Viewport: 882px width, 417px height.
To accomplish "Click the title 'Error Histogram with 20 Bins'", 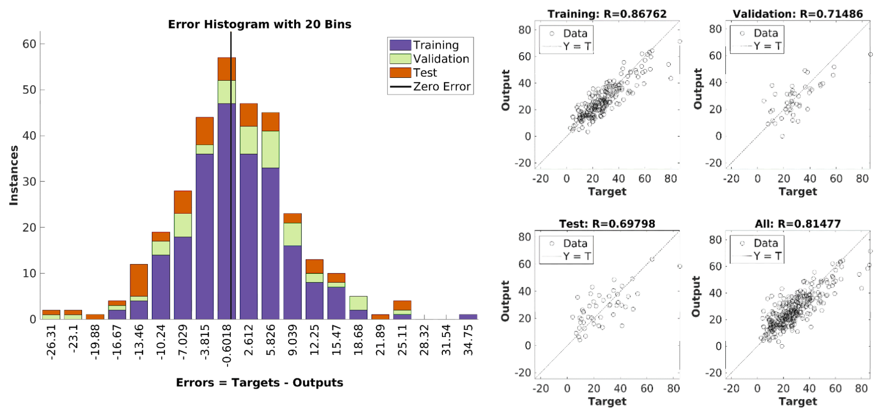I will [259, 24].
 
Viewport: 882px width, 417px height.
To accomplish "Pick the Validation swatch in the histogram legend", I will [400, 59].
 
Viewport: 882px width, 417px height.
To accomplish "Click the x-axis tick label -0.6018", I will [227, 344].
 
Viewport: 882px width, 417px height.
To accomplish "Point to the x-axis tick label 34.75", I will [469, 340].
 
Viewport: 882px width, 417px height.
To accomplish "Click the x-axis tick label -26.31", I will [51, 342].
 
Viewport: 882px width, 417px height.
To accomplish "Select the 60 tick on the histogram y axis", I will [29, 44].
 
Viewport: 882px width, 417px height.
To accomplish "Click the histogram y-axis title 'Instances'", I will [14, 175].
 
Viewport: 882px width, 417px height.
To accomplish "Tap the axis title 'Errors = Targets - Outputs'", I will [259, 382].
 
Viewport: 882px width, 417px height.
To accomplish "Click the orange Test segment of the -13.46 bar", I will [139, 280].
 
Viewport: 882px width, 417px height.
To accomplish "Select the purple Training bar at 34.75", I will [468, 317].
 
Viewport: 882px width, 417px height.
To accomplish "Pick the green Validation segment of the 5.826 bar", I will [270, 149].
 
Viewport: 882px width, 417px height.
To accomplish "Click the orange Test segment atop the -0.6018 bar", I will [227, 69].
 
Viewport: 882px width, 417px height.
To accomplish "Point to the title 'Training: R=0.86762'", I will [607, 14].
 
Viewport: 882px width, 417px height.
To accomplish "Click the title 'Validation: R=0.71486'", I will [798, 14].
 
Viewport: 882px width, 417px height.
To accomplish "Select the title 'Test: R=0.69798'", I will [607, 224].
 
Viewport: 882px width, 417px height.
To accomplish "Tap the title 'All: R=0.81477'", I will [798, 224].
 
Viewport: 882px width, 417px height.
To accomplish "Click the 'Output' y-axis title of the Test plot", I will [505, 301].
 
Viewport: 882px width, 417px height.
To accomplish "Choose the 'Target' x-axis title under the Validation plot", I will [798, 192].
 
